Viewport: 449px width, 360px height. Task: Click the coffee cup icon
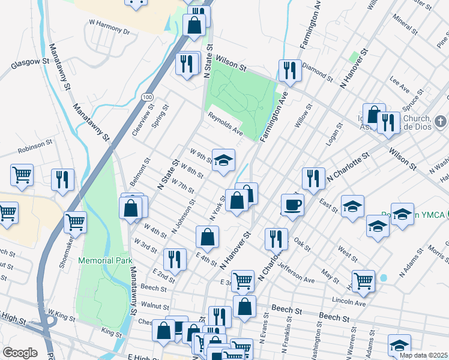(292, 205)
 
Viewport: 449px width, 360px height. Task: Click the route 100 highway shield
(146, 96)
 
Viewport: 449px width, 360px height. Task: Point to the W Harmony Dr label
(109, 29)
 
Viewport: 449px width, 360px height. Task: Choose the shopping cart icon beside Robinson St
(22, 175)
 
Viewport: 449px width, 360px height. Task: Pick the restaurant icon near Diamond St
(291, 70)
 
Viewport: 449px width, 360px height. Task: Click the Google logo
(20, 353)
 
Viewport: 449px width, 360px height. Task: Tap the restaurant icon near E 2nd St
(174, 259)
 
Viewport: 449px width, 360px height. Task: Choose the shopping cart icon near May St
(363, 280)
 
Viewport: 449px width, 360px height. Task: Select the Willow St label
(303, 117)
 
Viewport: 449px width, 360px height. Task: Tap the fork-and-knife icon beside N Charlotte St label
(313, 178)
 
